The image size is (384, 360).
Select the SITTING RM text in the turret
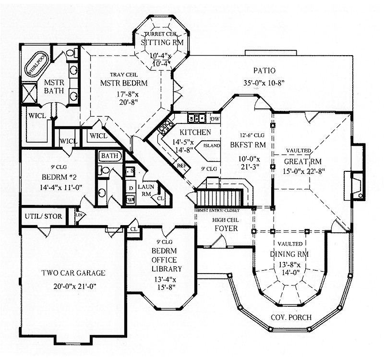[x=156, y=42]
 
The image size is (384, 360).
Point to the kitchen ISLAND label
[x=212, y=145]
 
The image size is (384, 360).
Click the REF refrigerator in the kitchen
[x=181, y=165]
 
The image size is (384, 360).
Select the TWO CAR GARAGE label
[x=73, y=274]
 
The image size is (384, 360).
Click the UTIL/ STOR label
[x=43, y=216]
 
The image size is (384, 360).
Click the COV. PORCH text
[x=291, y=318]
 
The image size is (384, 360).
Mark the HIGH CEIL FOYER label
[x=225, y=224]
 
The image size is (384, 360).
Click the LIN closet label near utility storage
[x=78, y=217]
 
